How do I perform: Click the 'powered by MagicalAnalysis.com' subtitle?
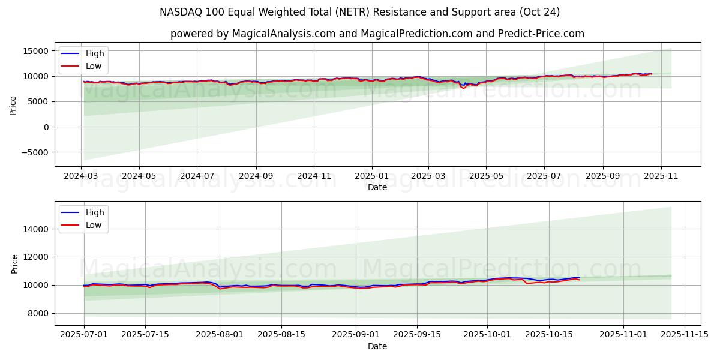tap(377, 34)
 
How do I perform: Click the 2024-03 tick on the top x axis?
tap(82, 177)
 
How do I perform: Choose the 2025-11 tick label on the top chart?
tap(661, 177)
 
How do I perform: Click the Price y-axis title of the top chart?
tap(13, 104)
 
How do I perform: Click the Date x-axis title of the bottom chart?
tap(377, 346)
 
